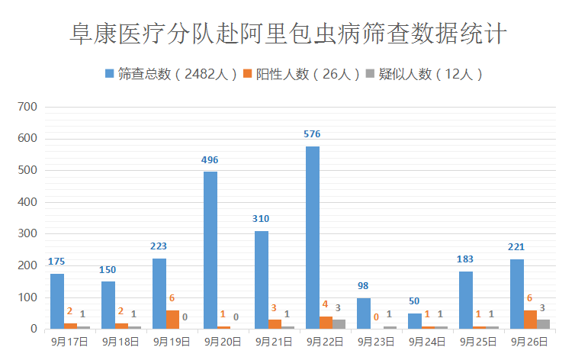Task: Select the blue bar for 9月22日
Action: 313,238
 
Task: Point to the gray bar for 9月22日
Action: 339,324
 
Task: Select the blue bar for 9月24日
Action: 415,321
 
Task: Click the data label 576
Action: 312,134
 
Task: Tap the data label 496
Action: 210,159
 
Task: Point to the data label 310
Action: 261,219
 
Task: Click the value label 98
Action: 363,286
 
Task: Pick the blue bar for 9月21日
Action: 262,280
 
